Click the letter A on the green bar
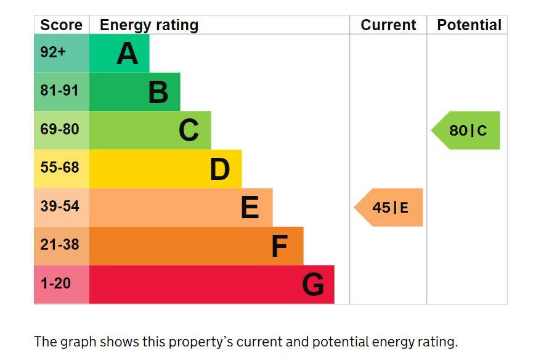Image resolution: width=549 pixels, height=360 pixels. (x=128, y=54)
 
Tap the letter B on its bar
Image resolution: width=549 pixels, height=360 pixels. (x=158, y=92)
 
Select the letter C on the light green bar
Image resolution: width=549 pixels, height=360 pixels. (x=189, y=130)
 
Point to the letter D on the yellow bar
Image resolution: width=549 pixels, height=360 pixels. (x=220, y=169)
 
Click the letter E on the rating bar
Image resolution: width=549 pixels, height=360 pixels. (x=250, y=208)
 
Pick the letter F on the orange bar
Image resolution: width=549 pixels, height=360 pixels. (x=280, y=246)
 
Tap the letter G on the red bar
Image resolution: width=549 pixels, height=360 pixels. (x=313, y=284)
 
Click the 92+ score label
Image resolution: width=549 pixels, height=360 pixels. (x=53, y=52)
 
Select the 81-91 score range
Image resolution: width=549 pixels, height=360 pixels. (x=60, y=91)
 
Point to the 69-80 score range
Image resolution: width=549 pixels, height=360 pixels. (x=60, y=129)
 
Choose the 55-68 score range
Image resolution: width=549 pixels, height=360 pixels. (x=60, y=168)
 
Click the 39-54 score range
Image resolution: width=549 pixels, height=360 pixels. (x=60, y=206)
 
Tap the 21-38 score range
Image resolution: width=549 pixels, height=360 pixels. (x=60, y=245)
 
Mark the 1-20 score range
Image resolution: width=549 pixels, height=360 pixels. (x=55, y=283)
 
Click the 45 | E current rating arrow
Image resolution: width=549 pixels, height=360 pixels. (x=389, y=207)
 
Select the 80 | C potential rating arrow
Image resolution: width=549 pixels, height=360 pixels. (x=466, y=130)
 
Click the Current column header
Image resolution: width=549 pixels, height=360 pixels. (x=388, y=25)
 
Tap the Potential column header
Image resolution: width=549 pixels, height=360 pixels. (x=469, y=25)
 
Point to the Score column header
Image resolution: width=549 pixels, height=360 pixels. (x=61, y=25)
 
